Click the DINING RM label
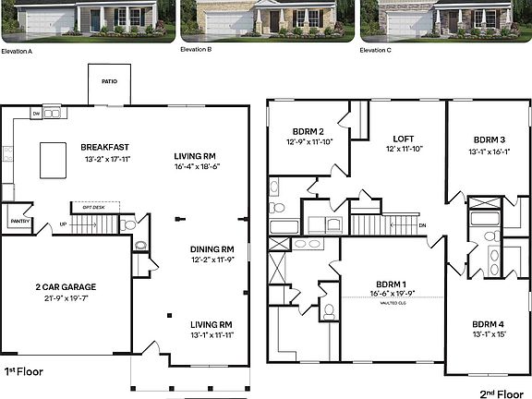pos(212,249)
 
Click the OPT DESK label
pos(94,207)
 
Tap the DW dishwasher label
pos(36,115)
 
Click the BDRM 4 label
pos(488,324)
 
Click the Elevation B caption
pos(195,50)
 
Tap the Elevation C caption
pos(376,50)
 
